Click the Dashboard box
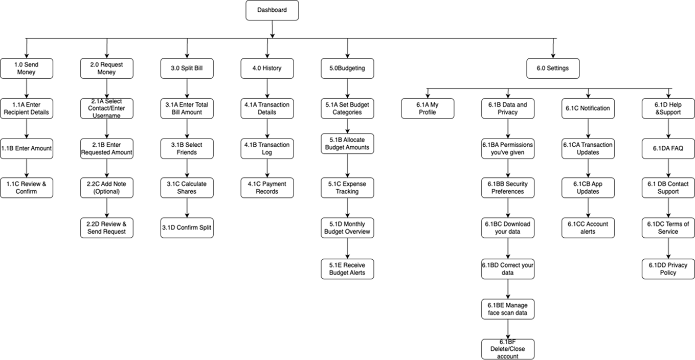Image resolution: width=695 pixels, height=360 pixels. (x=272, y=10)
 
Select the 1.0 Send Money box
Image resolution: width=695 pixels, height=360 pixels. (x=27, y=69)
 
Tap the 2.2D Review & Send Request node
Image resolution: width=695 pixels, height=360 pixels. (x=107, y=228)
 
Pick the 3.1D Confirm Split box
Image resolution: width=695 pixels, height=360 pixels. (x=187, y=228)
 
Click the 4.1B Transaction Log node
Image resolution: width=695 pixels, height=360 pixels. (x=267, y=149)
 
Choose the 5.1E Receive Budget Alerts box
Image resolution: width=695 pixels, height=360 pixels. (x=347, y=269)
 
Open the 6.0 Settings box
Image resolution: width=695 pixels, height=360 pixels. (x=553, y=69)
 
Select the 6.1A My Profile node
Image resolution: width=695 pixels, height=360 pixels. (x=428, y=108)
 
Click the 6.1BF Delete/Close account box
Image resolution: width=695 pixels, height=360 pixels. (x=508, y=349)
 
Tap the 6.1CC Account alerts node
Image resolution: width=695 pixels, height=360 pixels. (x=588, y=228)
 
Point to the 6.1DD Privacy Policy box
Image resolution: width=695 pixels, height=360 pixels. (x=668, y=269)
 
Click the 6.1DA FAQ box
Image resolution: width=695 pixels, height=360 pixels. (x=668, y=149)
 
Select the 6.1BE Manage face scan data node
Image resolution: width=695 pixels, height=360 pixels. (x=508, y=309)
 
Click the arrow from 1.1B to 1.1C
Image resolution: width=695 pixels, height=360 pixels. (x=27, y=168)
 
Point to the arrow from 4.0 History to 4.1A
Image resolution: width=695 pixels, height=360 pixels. (x=267, y=88)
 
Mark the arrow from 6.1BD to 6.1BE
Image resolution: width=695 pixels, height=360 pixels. (x=508, y=289)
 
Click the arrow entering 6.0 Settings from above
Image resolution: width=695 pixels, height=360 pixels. (x=553, y=49)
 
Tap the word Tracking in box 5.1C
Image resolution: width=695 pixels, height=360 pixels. (x=347, y=191)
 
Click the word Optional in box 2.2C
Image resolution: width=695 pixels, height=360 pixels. (x=106, y=191)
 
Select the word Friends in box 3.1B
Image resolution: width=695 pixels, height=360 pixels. (x=187, y=152)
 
